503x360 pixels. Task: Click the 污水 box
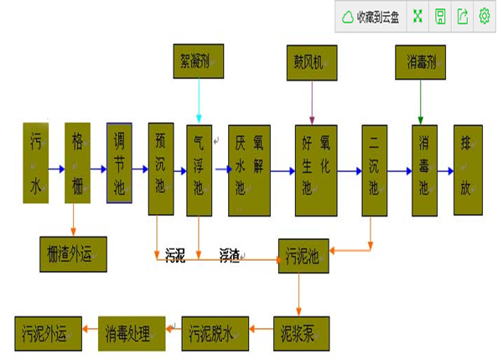35,163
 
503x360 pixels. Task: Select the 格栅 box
77,163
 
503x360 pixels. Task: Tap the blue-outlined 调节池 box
119,163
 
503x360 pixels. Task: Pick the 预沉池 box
160,169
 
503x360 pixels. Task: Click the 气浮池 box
199,169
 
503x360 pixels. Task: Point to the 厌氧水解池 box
249,169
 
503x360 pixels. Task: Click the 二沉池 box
374,169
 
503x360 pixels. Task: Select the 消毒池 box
424,169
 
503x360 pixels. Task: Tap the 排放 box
468,169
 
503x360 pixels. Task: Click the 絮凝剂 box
198,61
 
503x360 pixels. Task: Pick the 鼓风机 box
312,61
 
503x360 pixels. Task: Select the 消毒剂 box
420,61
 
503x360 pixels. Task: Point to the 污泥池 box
303,255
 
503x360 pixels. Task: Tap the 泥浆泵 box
301,333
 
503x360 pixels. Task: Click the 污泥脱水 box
211,333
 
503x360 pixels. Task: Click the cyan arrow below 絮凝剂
199,101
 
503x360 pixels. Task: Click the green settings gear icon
484,16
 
